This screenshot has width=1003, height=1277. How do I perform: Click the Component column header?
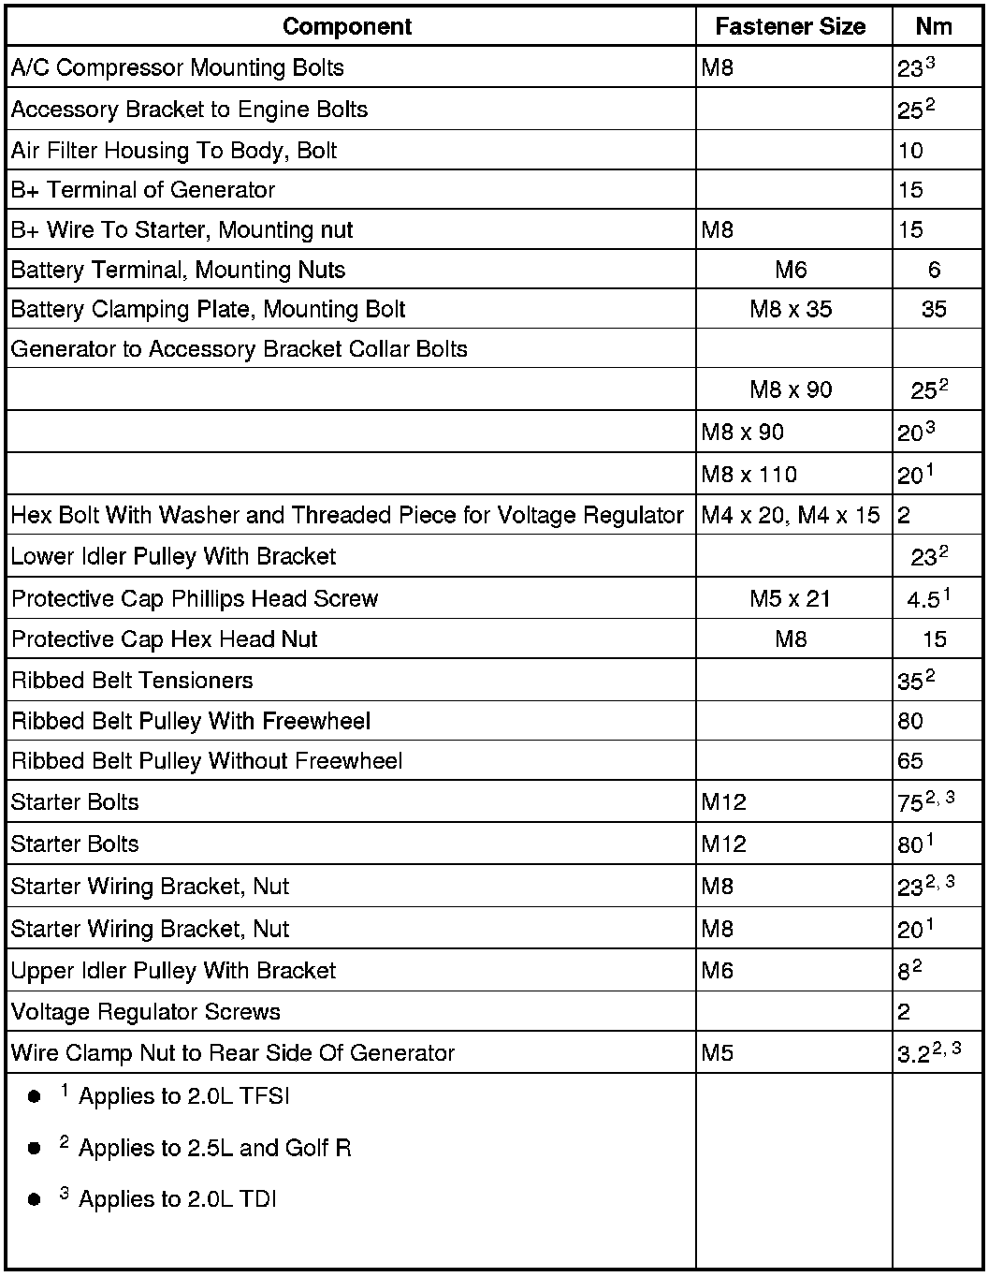[x=346, y=26]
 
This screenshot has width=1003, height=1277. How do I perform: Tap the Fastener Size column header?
[x=790, y=26]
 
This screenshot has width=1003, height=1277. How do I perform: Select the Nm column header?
[x=934, y=26]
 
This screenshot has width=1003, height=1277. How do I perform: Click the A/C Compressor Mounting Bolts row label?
[x=178, y=67]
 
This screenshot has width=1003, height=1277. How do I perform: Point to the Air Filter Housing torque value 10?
[x=910, y=151]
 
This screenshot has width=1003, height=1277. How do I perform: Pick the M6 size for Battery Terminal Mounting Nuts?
[x=791, y=271]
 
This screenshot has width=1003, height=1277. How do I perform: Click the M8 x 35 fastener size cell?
[x=791, y=310]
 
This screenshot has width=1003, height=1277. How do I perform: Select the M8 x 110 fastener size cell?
[x=749, y=475]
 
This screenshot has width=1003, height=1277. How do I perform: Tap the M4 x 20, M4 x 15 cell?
[x=791, y=515]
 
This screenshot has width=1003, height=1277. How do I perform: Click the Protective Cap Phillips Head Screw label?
[x=195, y=598]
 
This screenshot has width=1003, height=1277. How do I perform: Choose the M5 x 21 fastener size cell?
[x=791, y=598]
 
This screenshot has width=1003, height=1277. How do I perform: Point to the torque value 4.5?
[x=923, y=600]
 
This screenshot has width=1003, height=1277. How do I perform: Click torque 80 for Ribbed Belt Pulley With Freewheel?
[x=910, y=721]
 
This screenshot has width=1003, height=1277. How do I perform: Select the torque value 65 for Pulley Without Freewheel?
[x=910, y=761]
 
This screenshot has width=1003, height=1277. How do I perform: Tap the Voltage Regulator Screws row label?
[x=146, y=1012]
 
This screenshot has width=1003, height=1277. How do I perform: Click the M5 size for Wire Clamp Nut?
[x=718, y=1053]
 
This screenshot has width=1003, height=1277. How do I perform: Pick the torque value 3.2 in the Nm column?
[x=913, y=1055]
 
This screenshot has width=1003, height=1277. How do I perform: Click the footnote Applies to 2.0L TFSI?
[x=184, y=1096]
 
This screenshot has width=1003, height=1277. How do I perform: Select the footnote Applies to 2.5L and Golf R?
[x=214, y=1148]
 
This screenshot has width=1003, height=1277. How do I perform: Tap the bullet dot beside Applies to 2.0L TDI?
[x=35, y=1199]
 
